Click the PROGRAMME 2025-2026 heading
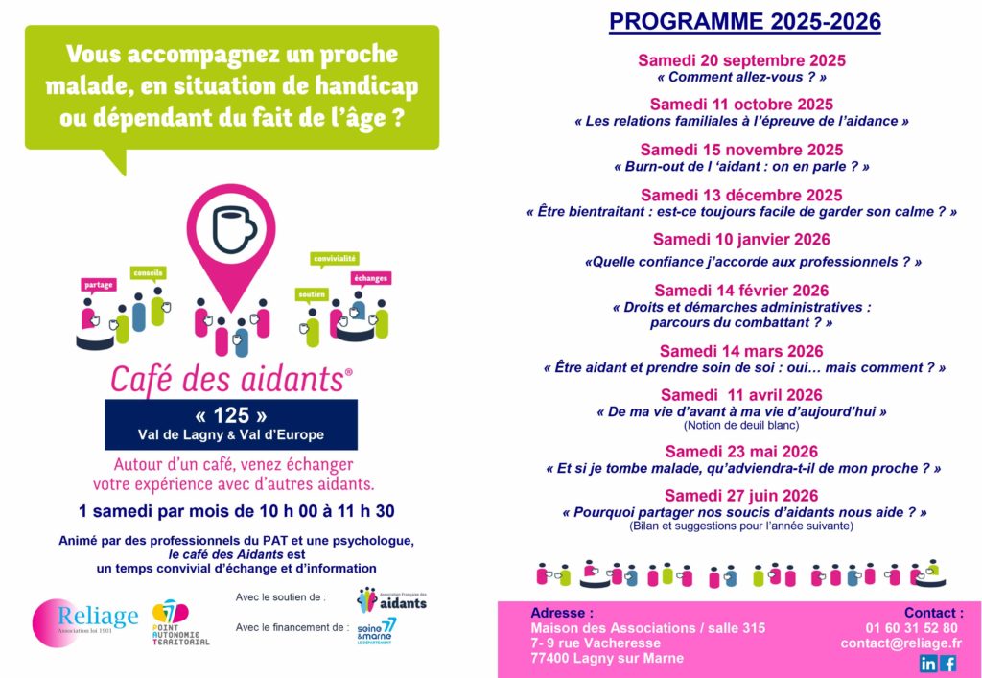tap(744, 22)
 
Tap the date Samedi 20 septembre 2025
tap(741, 60)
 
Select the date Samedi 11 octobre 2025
tap(741, 105)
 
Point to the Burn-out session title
tap(741, 166)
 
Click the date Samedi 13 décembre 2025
tap(741, 195)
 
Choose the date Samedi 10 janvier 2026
tap(741, 240)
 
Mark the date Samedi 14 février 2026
tap(741, 291)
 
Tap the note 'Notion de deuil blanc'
tap(741, 425)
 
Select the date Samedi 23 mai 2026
tap(741, 452)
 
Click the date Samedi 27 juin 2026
tap(741, 496)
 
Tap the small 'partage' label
tap(99, 285)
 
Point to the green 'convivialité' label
tap(335, 258)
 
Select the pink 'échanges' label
tap(369, 278)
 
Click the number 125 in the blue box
tap(231, 415)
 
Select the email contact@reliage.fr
tap(900, 643)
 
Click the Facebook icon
tap(949, 663)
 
